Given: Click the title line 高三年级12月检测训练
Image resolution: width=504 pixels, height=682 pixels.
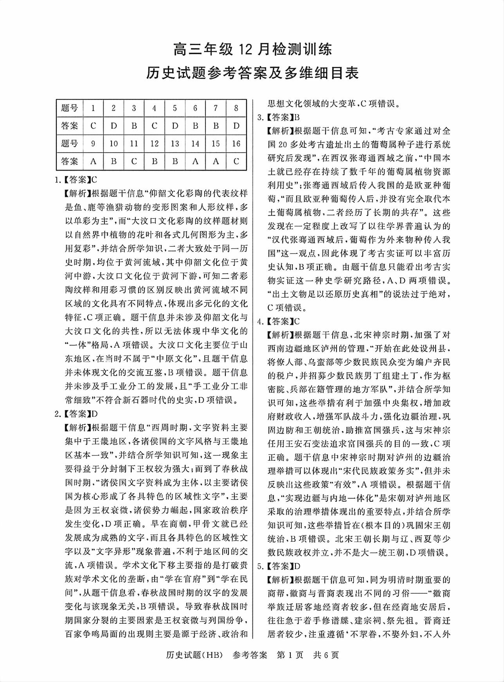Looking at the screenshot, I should (x=252, y=50).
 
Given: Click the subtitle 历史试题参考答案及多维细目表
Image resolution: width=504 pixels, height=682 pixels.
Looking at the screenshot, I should (x=252, y=73).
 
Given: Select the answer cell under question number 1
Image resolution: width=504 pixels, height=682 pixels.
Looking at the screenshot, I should (x=93, y=126).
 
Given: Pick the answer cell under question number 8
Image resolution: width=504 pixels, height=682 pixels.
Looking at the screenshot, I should (x=236, y=126).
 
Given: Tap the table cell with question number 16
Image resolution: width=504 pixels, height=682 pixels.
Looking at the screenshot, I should (x=236, y=144).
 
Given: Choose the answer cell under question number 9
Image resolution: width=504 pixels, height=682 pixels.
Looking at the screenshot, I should (x=93, y=161).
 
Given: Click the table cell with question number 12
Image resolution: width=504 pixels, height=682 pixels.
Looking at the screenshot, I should (x=155, y=144).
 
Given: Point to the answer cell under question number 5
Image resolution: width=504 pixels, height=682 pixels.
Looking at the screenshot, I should (x=175, y=126).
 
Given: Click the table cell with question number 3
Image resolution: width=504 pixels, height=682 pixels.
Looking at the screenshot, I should (x=134, y=108).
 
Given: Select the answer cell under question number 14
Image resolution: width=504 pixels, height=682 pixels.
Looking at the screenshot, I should (x=195, y=161).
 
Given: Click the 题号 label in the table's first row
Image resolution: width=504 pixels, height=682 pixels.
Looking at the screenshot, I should (x=70, y=108).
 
